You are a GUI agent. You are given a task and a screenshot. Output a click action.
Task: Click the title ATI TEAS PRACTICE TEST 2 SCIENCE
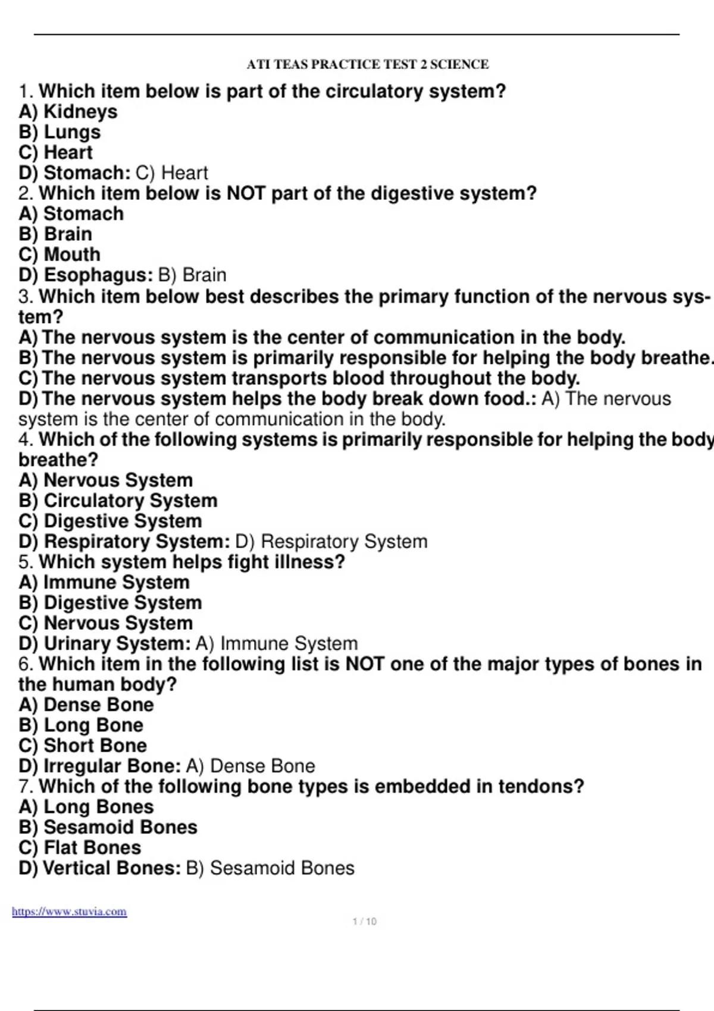click(367, 64)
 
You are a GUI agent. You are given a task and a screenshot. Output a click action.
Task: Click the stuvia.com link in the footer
click(69, 912)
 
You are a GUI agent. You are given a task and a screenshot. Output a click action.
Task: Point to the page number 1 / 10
click(364, 921)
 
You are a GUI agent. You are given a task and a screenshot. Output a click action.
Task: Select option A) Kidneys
click(68, 112)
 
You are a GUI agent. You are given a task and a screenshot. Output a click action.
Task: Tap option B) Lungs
click(59, 132)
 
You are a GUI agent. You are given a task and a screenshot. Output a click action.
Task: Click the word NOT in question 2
click(246, 193)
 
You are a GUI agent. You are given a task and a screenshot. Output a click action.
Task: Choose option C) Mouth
click(59, 255)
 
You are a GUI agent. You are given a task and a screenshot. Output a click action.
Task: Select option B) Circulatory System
click(118, 501)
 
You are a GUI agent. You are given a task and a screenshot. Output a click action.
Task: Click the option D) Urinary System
click(104, 643)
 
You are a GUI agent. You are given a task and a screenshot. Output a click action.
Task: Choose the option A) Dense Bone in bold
click(86, 705)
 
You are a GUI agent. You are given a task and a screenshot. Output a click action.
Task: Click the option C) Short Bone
click(83, 746)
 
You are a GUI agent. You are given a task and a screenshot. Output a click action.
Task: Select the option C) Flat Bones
click(80, 847)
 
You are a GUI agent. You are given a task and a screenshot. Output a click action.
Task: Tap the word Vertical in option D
click(77, 868)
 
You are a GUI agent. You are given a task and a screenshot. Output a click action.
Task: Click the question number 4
click(25, 440)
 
